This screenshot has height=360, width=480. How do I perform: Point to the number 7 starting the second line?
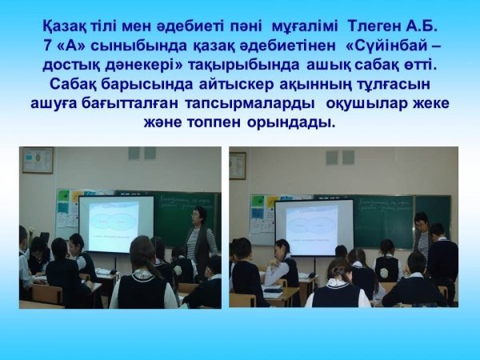point(47,46)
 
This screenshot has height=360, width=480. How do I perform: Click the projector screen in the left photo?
point(116,224)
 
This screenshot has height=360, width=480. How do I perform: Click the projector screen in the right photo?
point(314,228)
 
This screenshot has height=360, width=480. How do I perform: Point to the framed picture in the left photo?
point(38,161)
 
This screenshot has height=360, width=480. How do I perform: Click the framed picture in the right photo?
point(238,166)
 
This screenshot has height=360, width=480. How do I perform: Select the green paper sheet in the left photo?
point(64,195)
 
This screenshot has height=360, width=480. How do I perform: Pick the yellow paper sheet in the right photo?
point(272,202)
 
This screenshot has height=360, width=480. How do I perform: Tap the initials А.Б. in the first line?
point(421,26)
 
